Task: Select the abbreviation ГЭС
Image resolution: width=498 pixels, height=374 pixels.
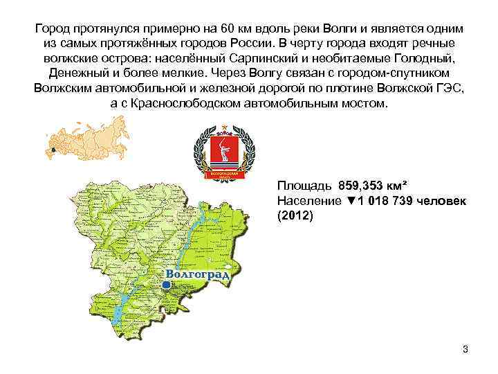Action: (x=450, y=89)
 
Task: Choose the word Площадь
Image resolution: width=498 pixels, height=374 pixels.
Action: (x=304, y=186)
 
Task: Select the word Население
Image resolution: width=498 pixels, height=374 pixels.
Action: (x=308, y=201)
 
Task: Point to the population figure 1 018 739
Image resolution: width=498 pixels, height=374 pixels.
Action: (x=390, y=201)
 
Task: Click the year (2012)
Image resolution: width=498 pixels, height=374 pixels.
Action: (x=295, y=215)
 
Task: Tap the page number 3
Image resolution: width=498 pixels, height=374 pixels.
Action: (x=465, y=348)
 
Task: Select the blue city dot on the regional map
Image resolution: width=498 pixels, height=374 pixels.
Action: (x=165, y=284)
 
